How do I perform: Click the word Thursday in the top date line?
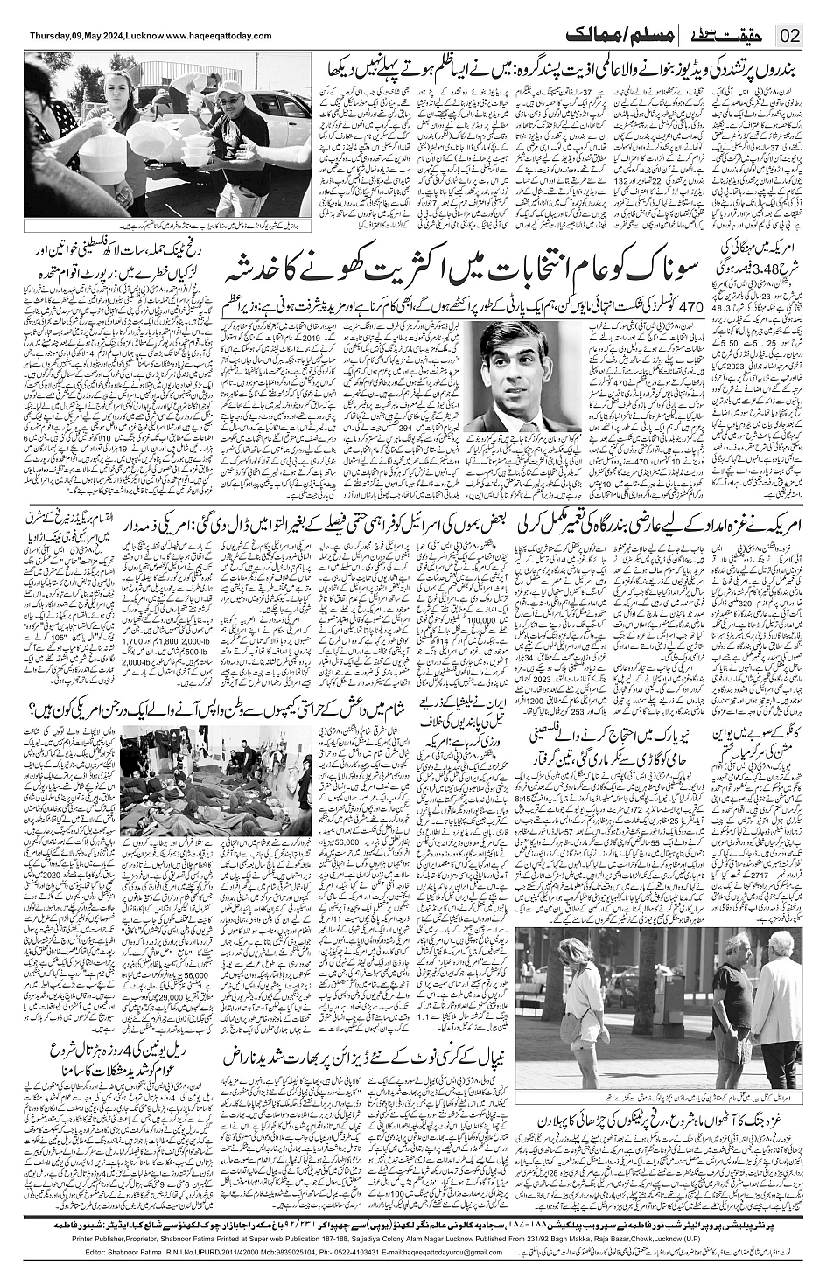tap(52, 35)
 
